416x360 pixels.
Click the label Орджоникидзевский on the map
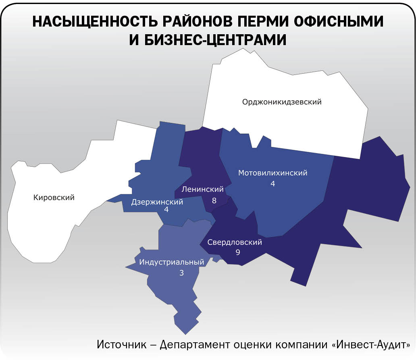(x=282, y=102)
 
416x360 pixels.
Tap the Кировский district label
(x=54, y=198)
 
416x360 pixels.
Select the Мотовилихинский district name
(x=273, y=173)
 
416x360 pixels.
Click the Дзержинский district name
(x=157, y=202)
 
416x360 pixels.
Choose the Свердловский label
(x=235, y=242)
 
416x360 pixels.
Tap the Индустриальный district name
(x=172, y=262)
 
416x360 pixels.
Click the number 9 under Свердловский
(x=237, y=252)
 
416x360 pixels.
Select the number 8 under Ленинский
(x=214, y=200)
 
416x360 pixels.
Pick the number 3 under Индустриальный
(x=181, y=273)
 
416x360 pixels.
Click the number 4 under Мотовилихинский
(x=273, y=184)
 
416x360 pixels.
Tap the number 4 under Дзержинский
(x=166, y=210)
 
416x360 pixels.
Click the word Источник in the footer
(x=123, y=345)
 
